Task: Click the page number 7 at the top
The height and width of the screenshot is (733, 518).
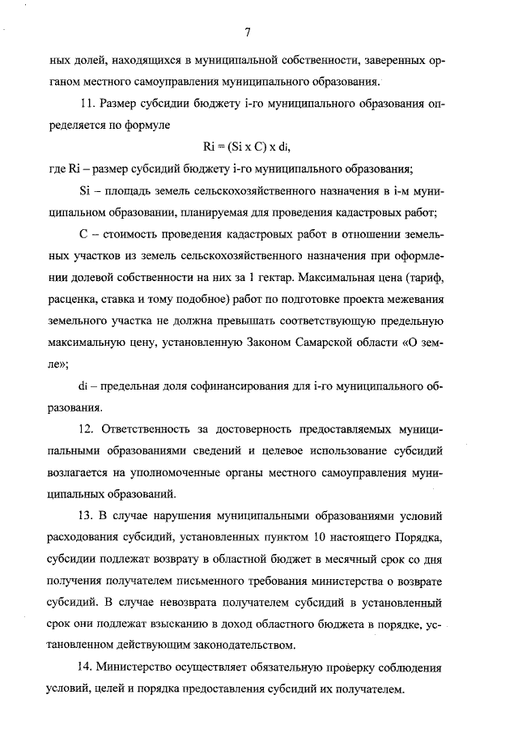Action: (248, 32)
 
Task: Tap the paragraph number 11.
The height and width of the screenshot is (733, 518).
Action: (88, 104)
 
